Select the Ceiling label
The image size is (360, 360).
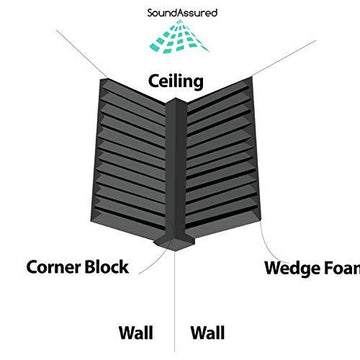176,80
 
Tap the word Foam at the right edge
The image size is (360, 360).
345,268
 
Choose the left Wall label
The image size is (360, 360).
137,331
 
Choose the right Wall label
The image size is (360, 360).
208,331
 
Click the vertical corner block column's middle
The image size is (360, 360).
176,170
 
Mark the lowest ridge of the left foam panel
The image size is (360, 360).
125,222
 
